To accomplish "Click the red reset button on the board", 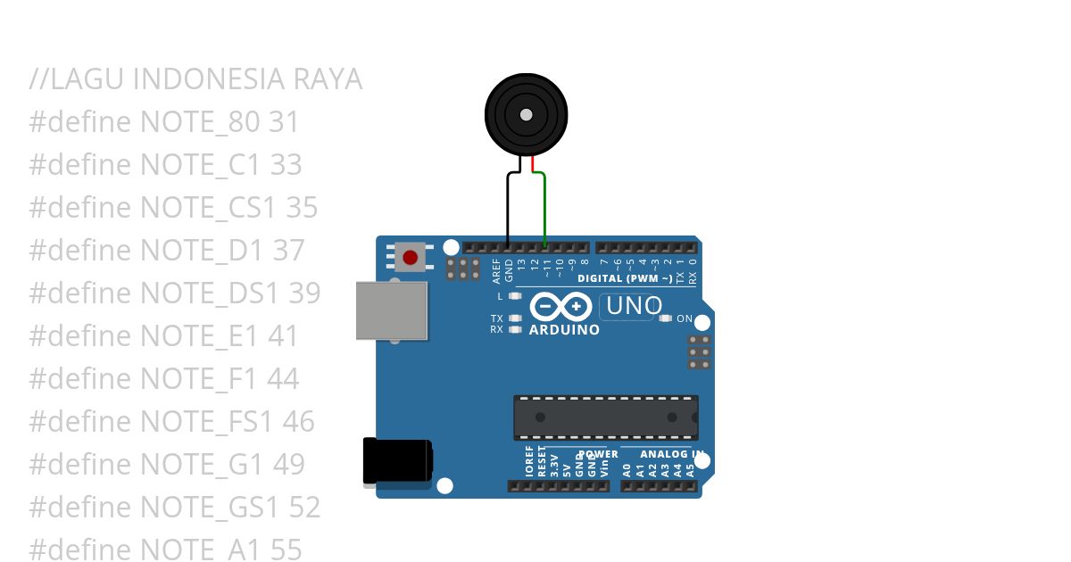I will coord(410,258).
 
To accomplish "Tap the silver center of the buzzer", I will coord(527,114).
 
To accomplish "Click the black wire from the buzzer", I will coord(508,205).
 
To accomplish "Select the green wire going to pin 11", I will coord(544,210).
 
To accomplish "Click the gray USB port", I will coord(391,310).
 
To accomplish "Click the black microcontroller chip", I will coord(605,417).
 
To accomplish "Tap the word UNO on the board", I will coord(634,307).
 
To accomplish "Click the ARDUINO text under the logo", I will coord(564,330).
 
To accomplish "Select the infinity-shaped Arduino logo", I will coord(560,307).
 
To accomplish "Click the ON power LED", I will coord(665,318).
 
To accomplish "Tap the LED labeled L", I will coord(514,295).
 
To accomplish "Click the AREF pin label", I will coord(496,269).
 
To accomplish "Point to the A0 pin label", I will coord(627,469).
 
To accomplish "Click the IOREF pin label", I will coord(529,462).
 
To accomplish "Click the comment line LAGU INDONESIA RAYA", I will coord(195,79).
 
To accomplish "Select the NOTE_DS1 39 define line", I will coord(175,293).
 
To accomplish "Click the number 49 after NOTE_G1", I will coord(287,464).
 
